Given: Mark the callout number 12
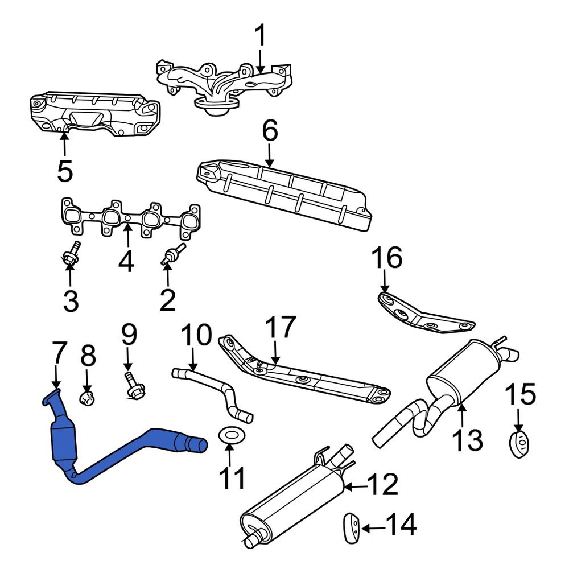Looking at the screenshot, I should [382, 485].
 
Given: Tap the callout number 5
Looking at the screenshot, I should [65, 171].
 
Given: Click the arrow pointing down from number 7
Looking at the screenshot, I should [56, 380].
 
